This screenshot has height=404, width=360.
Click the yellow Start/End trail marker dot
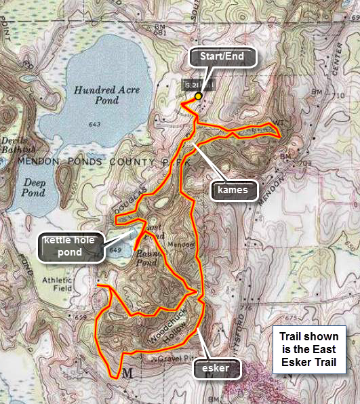[x=198, y=96]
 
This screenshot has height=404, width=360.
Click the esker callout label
[x=218, y=369]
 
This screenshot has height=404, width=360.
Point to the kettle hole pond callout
[x=71, y=247]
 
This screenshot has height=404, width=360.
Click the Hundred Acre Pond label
[x=98, y=94]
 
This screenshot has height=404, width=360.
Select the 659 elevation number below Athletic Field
[x=82, y=316]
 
